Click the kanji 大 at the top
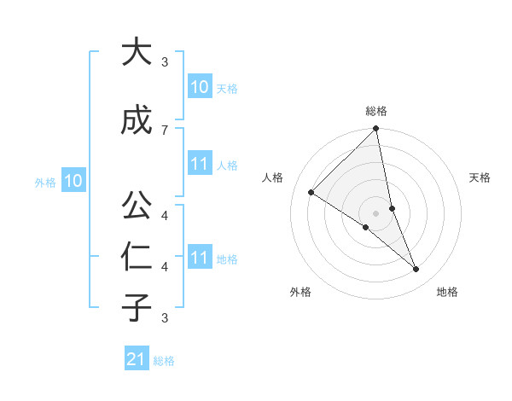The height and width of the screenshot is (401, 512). pyautogui.click(x=136, y=53)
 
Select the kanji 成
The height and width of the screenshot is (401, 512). pyautogui.click(x=136, y=120)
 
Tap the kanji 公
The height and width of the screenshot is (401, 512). pyautogui.click(x=136, y=206)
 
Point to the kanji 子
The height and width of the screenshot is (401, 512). pyautogui.click(x=136, y=307)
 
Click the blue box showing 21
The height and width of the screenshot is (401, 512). pyautogui.click(x=136, y=359)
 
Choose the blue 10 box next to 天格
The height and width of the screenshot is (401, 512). pyautogui.click(x=199, y=87)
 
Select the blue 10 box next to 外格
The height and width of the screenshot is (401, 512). pyautogui.click(x=73, y=181)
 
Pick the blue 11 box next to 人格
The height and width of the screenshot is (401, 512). pyautogui.click(x=199, y=164)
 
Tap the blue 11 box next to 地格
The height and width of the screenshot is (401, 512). pyautogui.click(x=199, y=258)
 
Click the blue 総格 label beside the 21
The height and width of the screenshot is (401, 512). pyautogui.click(x=164, y=361)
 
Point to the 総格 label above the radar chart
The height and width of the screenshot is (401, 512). pyautogui.click(x=376, y=111)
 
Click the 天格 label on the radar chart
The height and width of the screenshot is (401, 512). pyautogui.click(x=480, y=177)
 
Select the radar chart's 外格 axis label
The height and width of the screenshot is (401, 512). pyautogui.click(x=300, y=292)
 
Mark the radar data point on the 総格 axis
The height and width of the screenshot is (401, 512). pyautogui.click(x=376, y=130)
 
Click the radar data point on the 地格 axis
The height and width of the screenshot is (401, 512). pyautogui.click(x=416, y=270)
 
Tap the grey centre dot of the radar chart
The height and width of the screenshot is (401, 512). pyautogui.click(x=376, y=212)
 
